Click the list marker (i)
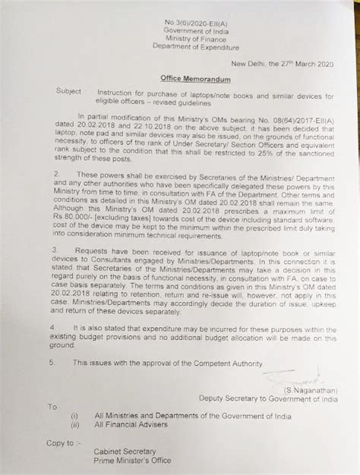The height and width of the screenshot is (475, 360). [x=74, y=417]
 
